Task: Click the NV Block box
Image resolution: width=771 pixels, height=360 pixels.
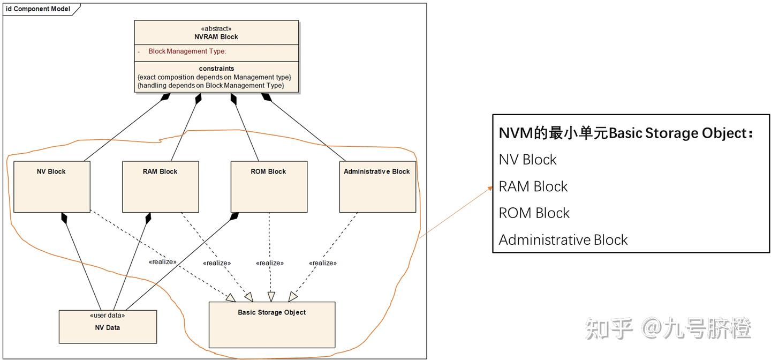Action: pos(51,186)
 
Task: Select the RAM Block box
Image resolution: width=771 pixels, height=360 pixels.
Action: pos(160,186)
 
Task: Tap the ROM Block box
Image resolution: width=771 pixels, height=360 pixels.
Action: pos(269,186)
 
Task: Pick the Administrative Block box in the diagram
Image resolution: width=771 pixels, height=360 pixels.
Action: pos(377,186)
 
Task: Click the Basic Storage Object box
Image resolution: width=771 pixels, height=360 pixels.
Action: pos(271,325)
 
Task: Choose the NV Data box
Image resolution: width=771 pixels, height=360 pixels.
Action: pos(108,327)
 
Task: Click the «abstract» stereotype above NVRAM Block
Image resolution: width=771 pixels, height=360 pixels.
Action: pos(216,29)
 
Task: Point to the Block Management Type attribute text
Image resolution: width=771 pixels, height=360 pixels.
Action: pos(187,51)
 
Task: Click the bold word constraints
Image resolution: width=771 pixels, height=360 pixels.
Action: pos(216,69)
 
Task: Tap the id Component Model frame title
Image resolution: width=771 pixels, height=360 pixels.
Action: pos(38,9)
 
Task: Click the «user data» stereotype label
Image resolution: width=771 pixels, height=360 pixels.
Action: pos(108,316)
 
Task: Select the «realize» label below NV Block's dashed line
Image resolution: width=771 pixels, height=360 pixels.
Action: pos(163,262)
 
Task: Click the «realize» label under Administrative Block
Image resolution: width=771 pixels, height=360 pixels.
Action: pos(322,263)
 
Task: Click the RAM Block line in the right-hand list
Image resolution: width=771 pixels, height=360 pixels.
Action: pos(533,186)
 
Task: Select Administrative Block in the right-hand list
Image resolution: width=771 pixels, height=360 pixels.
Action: pos(563,239)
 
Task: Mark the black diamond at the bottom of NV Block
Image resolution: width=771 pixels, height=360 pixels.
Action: pos(65,217)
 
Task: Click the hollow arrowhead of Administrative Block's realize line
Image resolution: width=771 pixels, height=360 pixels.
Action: pos(292,297)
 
